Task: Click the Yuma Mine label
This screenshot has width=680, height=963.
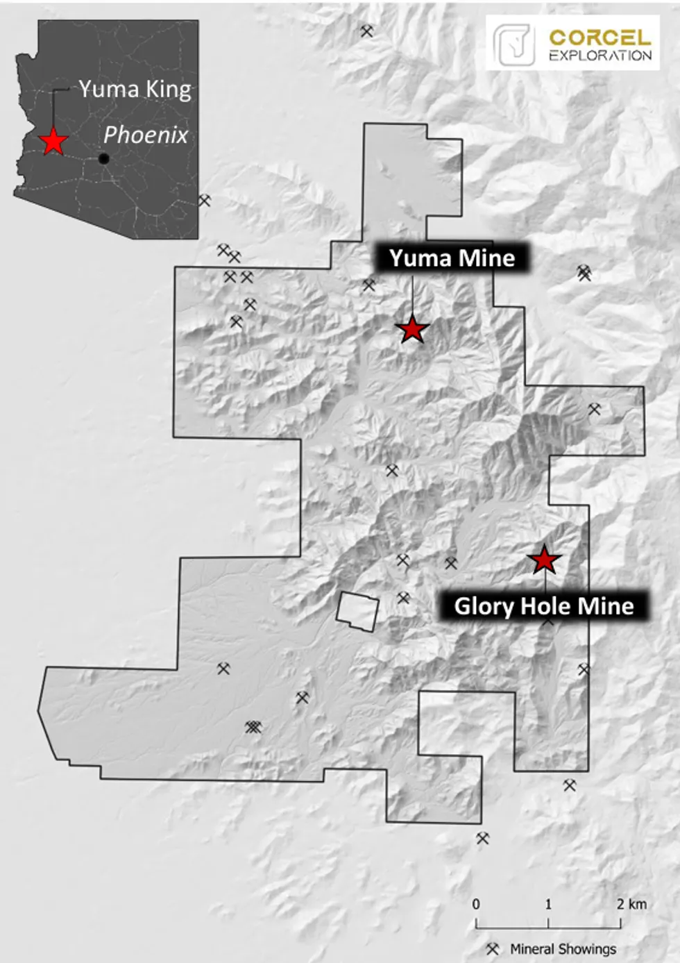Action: click(452, 258)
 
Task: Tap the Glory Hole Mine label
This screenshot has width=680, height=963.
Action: click(543, 606)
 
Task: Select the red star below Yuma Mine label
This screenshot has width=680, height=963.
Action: click(412, 329)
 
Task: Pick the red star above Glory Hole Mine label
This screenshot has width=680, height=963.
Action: click(544, 560)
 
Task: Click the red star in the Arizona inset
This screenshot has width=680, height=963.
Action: click(53, 141)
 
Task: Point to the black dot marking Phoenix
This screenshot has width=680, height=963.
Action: click(103, 158)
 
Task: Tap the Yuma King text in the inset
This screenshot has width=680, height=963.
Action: click(135, 90)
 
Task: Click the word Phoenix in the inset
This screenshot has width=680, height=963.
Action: click(146, 135)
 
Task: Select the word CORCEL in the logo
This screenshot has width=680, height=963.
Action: click(600, 37)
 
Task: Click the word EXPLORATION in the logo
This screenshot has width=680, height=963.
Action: click(600, 56)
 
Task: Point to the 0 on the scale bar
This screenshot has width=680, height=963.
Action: click(476, 904)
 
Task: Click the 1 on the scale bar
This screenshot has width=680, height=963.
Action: click(548, 904)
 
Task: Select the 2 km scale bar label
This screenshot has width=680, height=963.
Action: click(631, 904)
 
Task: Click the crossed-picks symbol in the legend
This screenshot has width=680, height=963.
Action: click(493, 948)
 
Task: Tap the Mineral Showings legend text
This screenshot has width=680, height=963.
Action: click(563, 949)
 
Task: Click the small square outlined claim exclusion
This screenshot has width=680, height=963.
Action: click(357, 612)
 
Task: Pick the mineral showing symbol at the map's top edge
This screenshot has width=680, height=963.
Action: click(366, 31)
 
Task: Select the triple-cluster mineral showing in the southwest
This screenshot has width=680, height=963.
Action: click(253, 727)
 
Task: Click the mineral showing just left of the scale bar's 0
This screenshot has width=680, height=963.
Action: click(482, 838)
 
